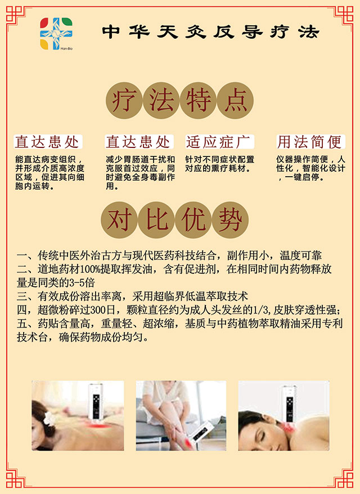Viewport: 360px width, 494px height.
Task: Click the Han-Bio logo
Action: (56, 34)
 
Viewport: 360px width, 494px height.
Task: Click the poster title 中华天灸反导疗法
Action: (211, 32)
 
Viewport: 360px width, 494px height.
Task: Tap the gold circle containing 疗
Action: (124, 101)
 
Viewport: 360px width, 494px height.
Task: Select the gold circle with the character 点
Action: (235, 101)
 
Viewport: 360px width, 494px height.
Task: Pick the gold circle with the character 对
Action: (119, 219)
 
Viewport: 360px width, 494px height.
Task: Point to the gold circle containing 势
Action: (230, 219)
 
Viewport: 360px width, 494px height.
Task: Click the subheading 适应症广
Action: (219, 142)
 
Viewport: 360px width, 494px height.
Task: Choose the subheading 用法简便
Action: (310, 142)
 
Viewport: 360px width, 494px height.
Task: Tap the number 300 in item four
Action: (98, 310)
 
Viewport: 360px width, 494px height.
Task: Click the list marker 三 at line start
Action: (22, 297)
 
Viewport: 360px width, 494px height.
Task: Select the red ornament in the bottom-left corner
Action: (16, 477)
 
